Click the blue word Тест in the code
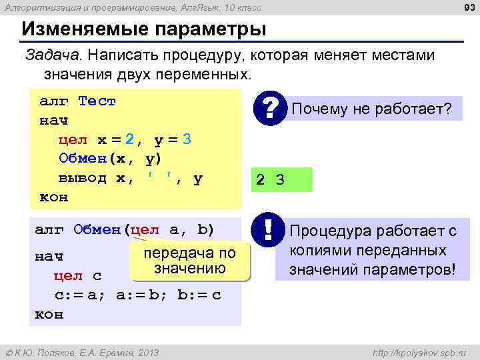point(97,101)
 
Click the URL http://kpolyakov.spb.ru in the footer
point(418,352)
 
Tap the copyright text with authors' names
point(82,352)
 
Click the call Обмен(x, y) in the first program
point(110,159)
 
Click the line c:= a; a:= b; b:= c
point(137,295)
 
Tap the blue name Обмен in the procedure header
point(97,231)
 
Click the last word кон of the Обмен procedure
point(49,314)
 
